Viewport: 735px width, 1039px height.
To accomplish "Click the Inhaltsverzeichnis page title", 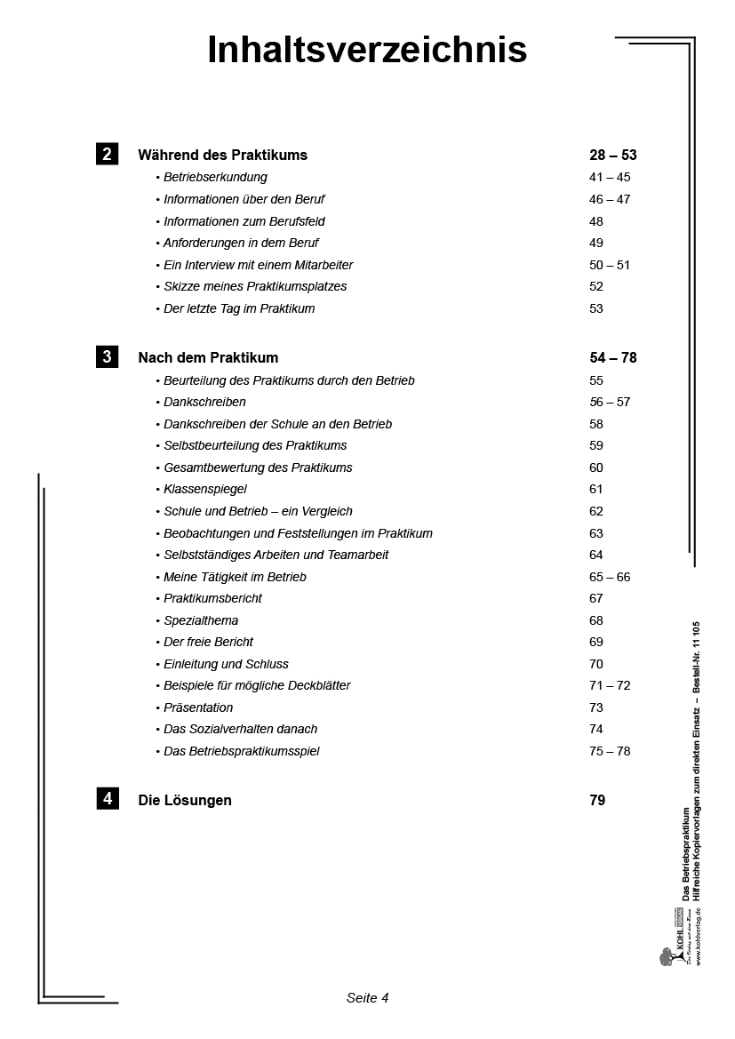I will tap(367, 51).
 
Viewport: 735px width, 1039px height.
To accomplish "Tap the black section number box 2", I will tap(107, 154).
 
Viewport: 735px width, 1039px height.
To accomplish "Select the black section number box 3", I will tap(107, 357).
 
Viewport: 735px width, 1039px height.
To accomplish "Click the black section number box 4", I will tap(107, 798).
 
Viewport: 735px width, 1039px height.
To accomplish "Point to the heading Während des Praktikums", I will tap(222, 155).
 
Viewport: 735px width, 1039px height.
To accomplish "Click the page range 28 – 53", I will tap(612, 155).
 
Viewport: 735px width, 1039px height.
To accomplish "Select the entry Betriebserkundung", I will tap(215, 177).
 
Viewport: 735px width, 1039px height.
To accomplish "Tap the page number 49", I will tap(595, 243).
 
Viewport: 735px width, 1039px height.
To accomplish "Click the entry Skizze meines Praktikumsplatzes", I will tap(255, 286).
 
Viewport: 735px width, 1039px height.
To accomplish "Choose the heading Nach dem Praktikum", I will tap(208, 358).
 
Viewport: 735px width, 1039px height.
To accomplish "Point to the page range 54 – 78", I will tap(612, 358).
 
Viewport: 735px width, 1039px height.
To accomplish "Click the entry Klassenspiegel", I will tap(205, 489).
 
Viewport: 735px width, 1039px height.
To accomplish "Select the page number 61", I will tap(595, 489).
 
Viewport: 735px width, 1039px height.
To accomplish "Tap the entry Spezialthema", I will tap(201, 620).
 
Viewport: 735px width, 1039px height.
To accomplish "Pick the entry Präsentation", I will tap(198, 707).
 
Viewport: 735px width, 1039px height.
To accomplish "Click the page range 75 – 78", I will tap(609, 751).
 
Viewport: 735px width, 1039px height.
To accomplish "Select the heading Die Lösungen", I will tap(185, 800).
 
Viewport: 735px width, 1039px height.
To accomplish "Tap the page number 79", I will tap(597, 800).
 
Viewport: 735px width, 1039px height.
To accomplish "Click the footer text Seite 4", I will tap(367, 997).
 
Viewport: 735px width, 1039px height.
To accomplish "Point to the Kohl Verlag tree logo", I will tap(667, 956).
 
